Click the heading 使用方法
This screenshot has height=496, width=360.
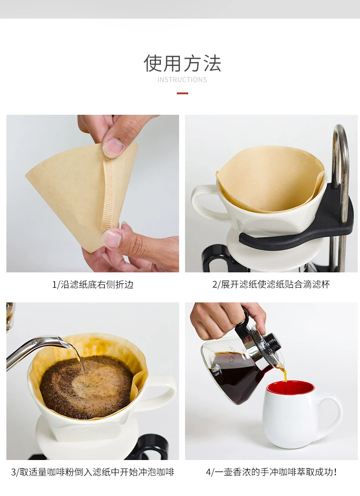point(182,63)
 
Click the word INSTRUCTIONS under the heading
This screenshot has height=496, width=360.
point(182,80)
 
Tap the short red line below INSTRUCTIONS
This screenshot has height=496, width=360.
point(182,93)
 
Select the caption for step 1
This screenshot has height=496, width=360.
point(93,284)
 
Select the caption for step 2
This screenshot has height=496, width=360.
point(271,284)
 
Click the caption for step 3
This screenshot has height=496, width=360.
point(93,472)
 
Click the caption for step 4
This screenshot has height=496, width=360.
point(271,472)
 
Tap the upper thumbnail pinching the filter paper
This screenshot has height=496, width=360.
point(113,147)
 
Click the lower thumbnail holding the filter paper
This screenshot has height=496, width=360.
point(112,238)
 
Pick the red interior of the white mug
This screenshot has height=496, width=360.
point(290,388)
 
